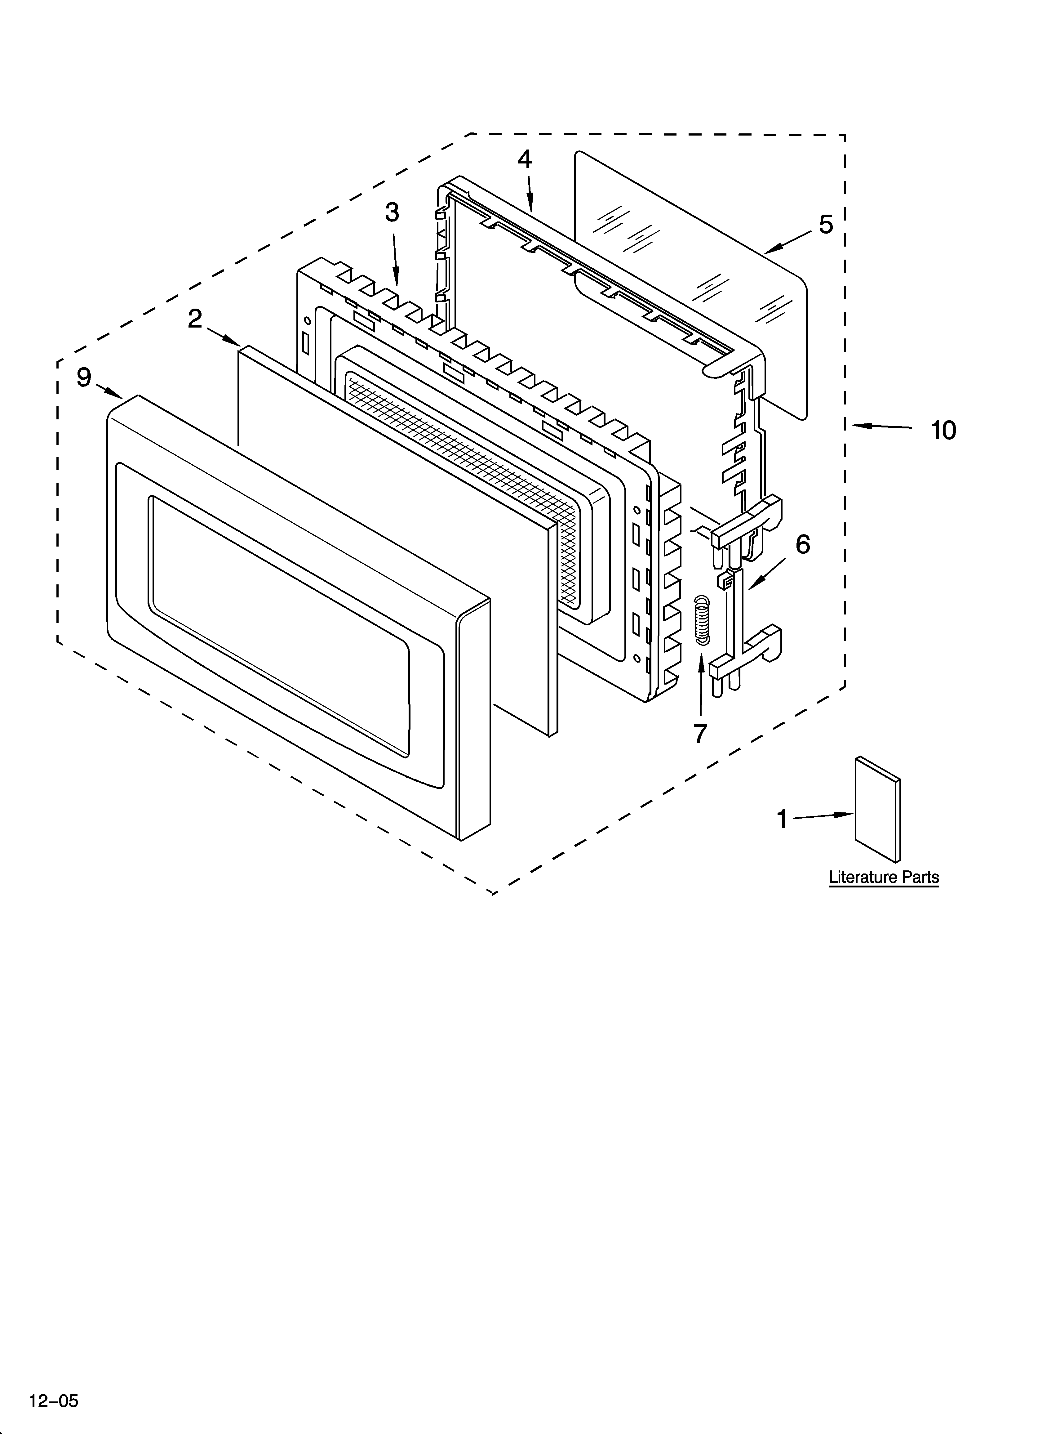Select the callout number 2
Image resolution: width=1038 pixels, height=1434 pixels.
(195, 319)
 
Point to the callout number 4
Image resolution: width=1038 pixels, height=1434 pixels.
(525, 159)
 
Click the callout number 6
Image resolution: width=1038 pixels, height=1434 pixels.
(802, 544)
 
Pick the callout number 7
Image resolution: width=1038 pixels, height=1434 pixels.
(700, 734)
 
